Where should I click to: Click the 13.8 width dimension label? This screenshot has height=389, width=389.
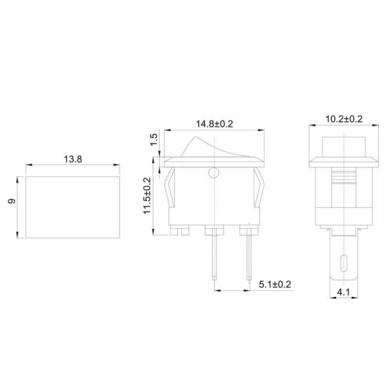pos(74,160)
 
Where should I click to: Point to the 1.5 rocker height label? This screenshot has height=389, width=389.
pos(154,140)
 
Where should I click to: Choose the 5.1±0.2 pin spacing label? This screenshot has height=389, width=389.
pos(275,284)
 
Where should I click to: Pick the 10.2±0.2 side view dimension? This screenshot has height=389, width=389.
pos(343,119)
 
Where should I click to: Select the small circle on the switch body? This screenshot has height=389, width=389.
pos(214,174)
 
